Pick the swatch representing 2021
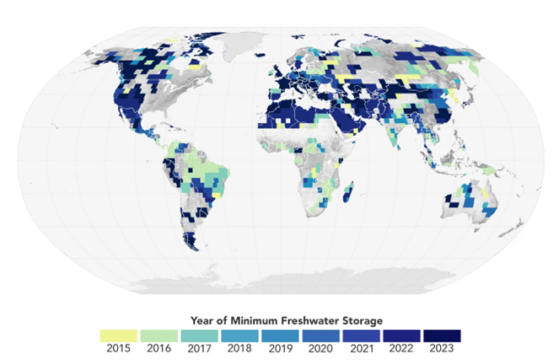tap(361, 334)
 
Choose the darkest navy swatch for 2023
tap(442, 334)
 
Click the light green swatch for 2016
tap(159, 334)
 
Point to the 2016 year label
tap(159, 347)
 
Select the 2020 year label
tap(320, 347)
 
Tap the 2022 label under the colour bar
tap(401, 347)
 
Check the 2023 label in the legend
tap(442, 347)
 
